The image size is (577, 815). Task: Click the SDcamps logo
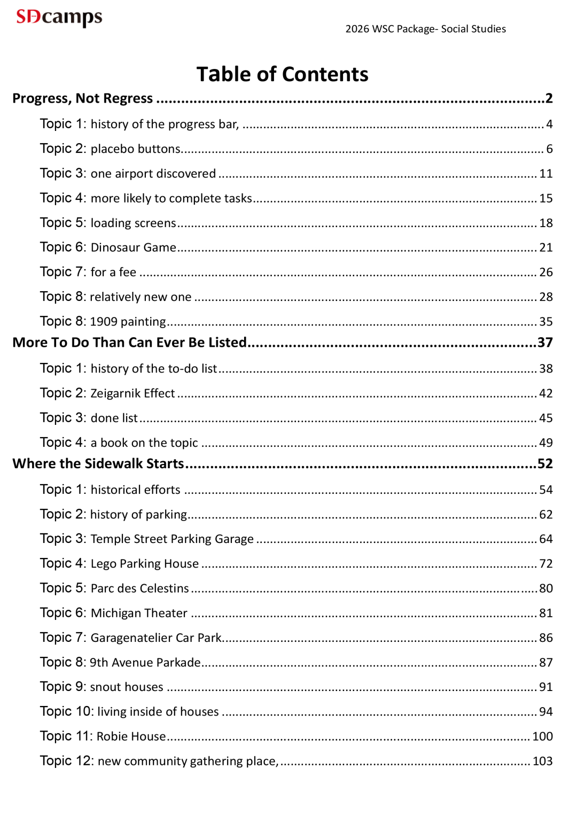pos(59,17)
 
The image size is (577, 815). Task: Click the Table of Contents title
pos(282,74)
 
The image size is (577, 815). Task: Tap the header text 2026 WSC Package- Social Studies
pos(425,29)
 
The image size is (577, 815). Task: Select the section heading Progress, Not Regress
pos(83,98)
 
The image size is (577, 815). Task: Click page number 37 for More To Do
pos(545,343)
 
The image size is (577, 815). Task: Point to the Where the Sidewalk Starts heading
pos(98,463)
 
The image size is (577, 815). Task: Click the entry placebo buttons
pos(136,149)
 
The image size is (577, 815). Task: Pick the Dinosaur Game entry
pos(133,247)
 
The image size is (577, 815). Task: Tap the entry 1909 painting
pos(128,321)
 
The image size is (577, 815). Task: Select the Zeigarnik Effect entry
pos(132,393)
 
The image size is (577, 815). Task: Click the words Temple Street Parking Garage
pos(172,539)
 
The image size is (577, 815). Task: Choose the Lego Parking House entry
pos(144,563)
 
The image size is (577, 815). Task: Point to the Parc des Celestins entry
pos(139,588)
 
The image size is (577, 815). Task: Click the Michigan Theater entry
pos(139,613)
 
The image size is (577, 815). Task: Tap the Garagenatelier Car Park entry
pos(156,638)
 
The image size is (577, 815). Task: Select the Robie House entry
pos(131,736)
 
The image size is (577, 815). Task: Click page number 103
pos(542,761)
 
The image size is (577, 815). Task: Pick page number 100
pos(542,736)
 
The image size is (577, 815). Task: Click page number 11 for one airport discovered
pos(545,174)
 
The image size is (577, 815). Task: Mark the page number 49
pos(545,443)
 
